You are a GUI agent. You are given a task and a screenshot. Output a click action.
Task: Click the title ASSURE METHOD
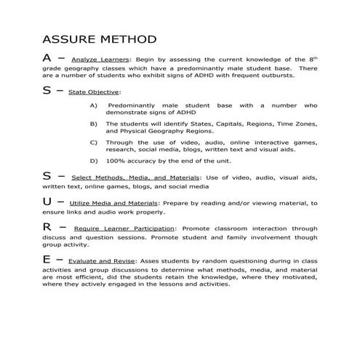point(99,39)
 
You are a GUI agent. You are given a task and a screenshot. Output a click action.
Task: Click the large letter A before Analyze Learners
point(47,58)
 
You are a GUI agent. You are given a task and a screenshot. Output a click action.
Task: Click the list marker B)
point(93,124)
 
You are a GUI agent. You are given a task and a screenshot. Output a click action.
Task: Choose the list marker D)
point(93,159)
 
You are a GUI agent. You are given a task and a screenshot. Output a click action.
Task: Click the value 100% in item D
point(116,159)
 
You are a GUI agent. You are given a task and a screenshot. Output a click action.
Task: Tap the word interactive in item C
point(267,142)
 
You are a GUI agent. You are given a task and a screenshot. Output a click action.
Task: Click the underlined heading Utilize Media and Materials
point(116,203)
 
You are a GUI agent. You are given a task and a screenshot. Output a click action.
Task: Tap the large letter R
point(47,228)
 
